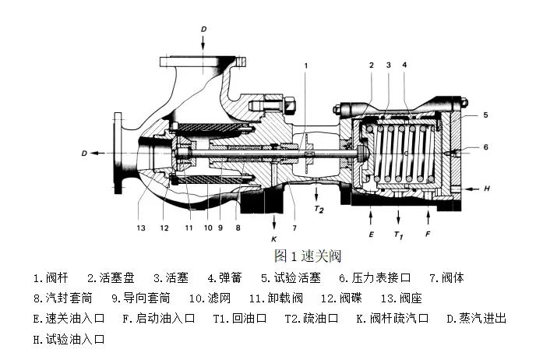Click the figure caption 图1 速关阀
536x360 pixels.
[x=308, y=256]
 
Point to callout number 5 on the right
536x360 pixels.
[x=485, y=115]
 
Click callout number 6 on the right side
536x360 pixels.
[x=485, y=146]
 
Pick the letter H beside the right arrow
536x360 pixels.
[x=486, y=188]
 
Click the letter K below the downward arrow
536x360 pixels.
[x=273, y=238]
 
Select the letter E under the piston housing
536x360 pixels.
[x=372, y=232]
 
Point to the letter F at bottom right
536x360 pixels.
[x=428, y=232]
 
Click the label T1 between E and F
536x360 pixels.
[x=400, y=235]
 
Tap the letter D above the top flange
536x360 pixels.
[x=203, y=29]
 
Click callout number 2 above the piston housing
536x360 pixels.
[x=372, y=65]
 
